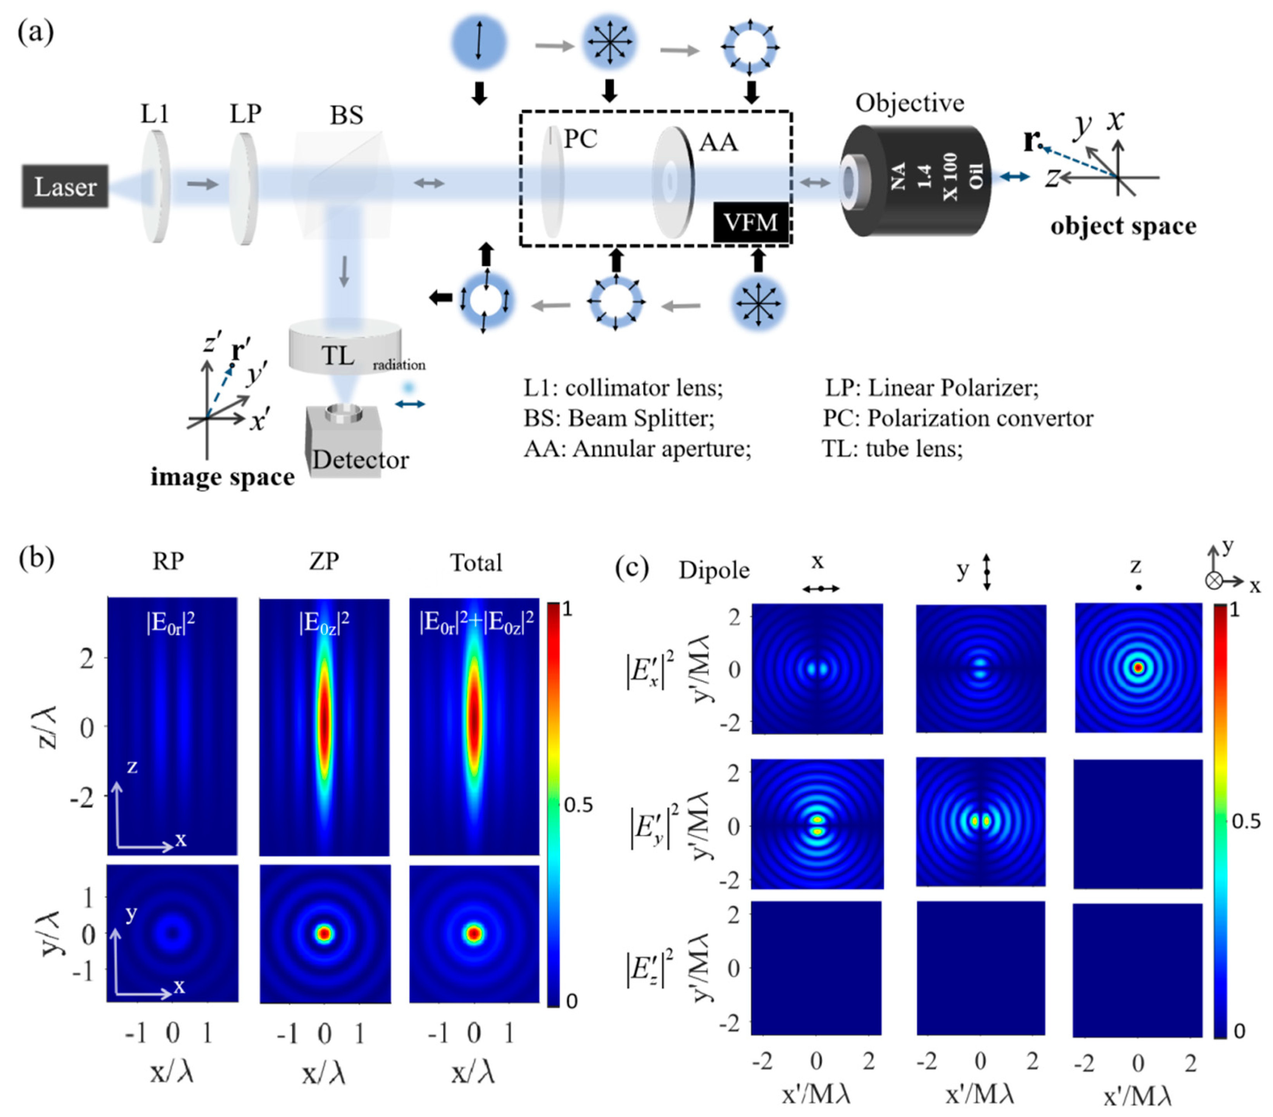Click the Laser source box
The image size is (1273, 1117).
(65, 186)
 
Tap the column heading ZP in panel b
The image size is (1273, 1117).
(324, 562)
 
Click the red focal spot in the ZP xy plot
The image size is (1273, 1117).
(324, 934)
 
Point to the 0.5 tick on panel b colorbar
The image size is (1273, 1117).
(578, 806)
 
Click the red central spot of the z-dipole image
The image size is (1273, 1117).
(1138, 668)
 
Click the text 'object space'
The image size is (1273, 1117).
(1123, 226)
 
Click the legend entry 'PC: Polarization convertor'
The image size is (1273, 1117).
(958, 418)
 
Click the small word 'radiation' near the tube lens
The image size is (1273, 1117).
(398, 365)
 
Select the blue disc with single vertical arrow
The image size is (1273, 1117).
(478, 42)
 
